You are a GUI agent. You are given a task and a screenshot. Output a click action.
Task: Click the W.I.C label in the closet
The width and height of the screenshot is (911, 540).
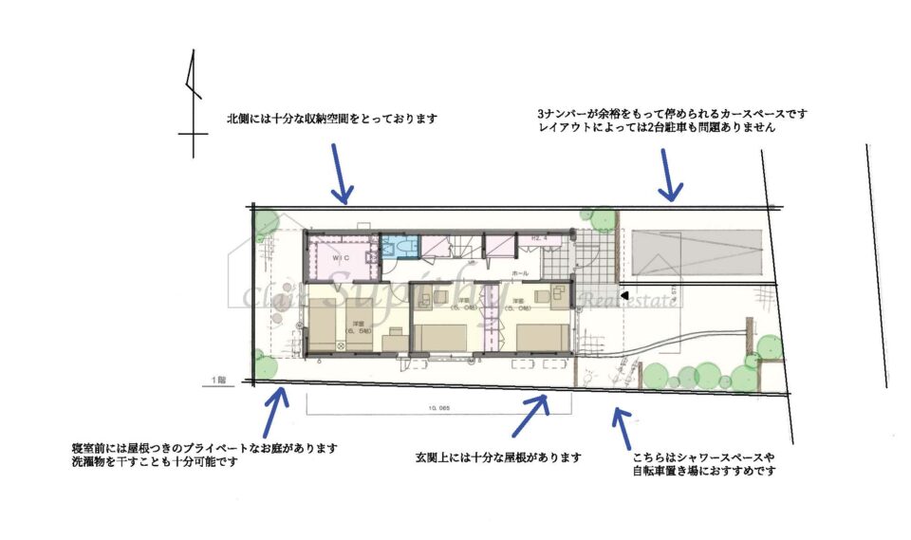pyautogui.click(x=339, y=257)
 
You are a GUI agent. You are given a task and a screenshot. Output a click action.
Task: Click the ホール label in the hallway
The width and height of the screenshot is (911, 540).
pyautogui.click(x=519, y=272)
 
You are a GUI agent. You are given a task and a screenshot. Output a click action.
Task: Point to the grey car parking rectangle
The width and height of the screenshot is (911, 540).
pyautogui.click(x=698, y=251)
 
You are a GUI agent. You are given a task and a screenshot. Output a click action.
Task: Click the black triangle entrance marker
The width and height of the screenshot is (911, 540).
pyautogui.click(x=624, y=297)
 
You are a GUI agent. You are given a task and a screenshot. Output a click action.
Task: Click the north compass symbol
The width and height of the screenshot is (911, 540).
pyautogui.click(x=193, y=104)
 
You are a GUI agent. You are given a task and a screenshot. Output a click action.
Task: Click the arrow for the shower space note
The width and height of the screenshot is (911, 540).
pyautogui.click(x=622, y=427)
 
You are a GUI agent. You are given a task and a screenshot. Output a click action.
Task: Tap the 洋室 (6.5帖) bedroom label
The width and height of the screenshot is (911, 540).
pyautogui.click(x=359, y=325)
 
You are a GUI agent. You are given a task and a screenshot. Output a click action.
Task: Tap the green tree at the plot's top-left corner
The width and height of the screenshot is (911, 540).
pyautogui.click(x=266, y=223)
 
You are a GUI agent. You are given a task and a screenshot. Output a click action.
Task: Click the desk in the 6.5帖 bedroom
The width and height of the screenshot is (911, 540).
pyautogui.click(x=392, y=340)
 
